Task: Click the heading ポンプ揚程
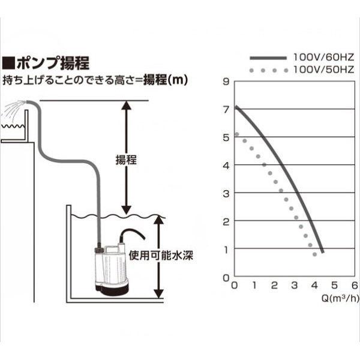click(x=53, y=63)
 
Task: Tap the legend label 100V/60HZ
click(x=324, y=57)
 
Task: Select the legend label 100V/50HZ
click(x=324, y=70)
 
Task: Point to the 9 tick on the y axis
click(x=226, y=81)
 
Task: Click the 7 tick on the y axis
click(x=226, y=110)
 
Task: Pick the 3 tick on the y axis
click(x=226, y=194)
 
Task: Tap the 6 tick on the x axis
click(x=355, y=286)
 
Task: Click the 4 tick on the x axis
click(x=314, y=286)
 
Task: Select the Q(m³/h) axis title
click(x=340, y=298)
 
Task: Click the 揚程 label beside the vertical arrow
click(x=126, y=160)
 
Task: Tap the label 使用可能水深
click(x=161, y=256)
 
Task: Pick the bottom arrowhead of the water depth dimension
click(x=158, y=294)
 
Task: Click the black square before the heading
click(x=8, y=63)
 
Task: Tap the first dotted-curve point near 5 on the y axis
click(x=237, y=134)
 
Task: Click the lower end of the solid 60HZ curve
click(x=323, y=252)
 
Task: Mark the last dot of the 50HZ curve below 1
click(x=314, y=254)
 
